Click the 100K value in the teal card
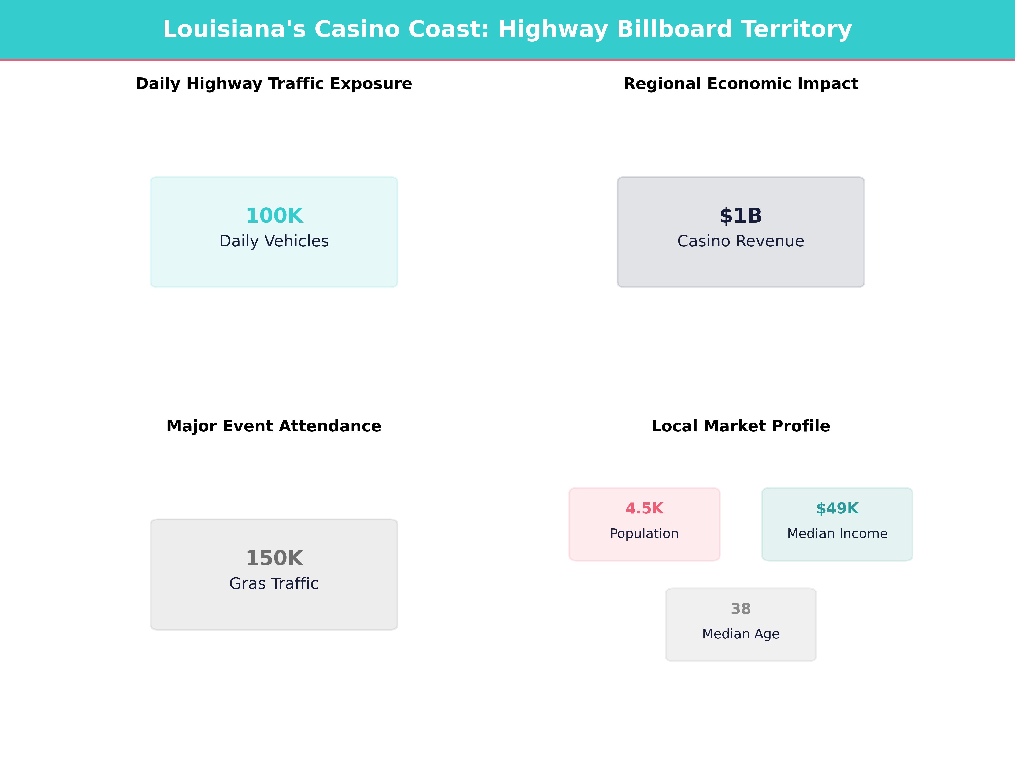pos(274,216)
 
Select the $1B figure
pos(741,216)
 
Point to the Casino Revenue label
pos(741,241)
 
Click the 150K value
pos(274,558)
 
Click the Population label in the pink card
pos(644,534)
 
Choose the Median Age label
pos(741,634)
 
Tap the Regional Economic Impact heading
pos(741,84)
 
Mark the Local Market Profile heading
pos(741,426)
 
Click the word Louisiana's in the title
pos(234,29)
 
